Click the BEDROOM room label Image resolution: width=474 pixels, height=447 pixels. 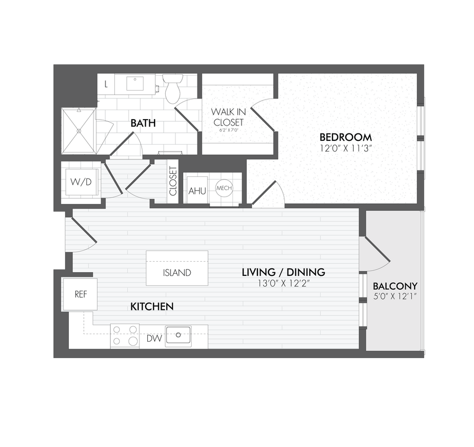point(345,137)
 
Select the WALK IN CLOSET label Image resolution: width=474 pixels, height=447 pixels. point(228,117)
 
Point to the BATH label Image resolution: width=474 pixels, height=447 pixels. point(143,123)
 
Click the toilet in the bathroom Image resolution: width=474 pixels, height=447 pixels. point(173,89)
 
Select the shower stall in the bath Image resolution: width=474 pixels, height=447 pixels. point(78,130)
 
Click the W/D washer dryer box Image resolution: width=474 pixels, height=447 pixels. point(81,182)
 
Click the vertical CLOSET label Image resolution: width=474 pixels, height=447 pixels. point(173,181)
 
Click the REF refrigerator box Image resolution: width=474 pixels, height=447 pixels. point(80,294)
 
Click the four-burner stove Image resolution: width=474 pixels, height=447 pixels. point(124,336)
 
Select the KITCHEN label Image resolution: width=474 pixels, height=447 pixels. point(152,307)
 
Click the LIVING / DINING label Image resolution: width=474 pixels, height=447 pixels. point(283,272)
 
